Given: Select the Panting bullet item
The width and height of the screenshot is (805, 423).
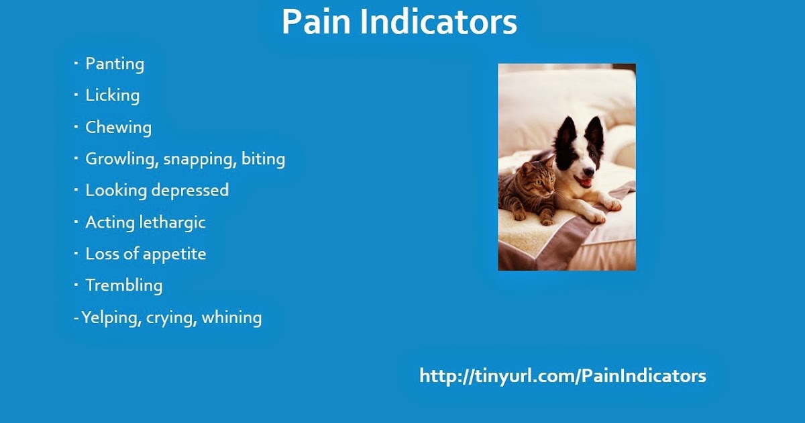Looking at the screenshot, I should coord(115,64).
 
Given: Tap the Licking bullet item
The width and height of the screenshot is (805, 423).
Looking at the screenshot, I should coord(112,95).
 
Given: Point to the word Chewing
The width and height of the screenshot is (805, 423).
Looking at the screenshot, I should coord(118,128).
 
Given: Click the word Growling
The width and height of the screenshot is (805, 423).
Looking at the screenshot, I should coord(121,159).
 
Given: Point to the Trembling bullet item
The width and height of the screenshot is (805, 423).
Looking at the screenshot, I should coord(123,285).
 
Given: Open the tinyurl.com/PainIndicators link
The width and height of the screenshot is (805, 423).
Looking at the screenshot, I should coord(562,376).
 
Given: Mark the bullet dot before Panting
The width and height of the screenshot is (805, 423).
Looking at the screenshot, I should coord(76,62).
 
